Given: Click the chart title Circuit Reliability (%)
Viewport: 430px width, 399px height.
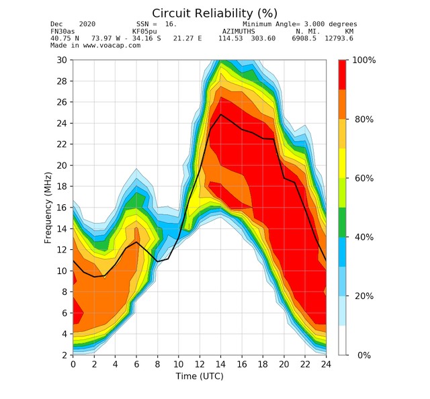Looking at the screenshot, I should [214, 13].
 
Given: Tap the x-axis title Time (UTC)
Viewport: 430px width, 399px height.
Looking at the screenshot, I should [200, 376].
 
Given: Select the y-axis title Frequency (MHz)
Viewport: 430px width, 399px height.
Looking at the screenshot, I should [48, 207].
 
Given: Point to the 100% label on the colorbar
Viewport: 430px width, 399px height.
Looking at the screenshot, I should [364, 60].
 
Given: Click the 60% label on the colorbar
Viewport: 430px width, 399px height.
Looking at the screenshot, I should [364, 178].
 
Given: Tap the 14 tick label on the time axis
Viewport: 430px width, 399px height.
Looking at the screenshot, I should [220, 364].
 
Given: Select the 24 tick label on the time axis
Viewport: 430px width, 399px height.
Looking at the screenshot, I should [325, 364].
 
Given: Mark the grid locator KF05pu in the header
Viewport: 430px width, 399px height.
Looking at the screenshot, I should [144, 32].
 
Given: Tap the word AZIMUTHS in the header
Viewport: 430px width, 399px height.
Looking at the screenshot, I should [239, 32].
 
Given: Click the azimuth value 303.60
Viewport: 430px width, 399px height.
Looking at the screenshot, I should [263, 38].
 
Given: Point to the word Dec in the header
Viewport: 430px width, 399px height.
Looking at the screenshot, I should [56, 24].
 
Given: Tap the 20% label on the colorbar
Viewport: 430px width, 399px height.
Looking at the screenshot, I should [364, 296].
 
